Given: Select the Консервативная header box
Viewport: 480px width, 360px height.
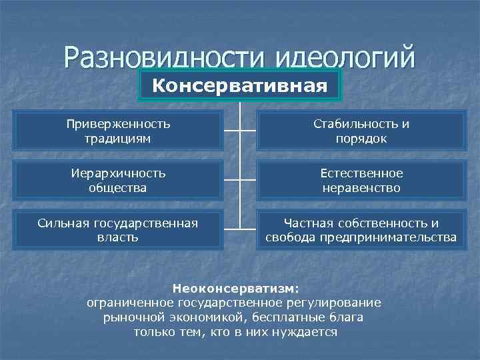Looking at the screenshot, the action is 240,86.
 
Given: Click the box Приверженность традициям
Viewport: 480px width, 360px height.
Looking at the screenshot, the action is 117,131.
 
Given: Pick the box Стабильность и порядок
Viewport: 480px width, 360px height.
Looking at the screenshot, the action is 361,131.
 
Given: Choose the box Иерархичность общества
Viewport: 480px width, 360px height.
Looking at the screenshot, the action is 117,181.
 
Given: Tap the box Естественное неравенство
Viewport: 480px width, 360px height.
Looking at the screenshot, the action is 361,181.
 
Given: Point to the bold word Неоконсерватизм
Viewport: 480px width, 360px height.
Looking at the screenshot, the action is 236,289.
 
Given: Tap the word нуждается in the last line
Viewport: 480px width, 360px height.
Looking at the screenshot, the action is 309,332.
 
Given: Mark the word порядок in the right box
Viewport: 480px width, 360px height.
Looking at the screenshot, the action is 362,139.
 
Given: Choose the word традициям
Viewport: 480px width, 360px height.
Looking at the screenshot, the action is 117,139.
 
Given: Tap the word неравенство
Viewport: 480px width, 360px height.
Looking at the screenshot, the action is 361,188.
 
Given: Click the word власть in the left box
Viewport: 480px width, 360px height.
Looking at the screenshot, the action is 117,237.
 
